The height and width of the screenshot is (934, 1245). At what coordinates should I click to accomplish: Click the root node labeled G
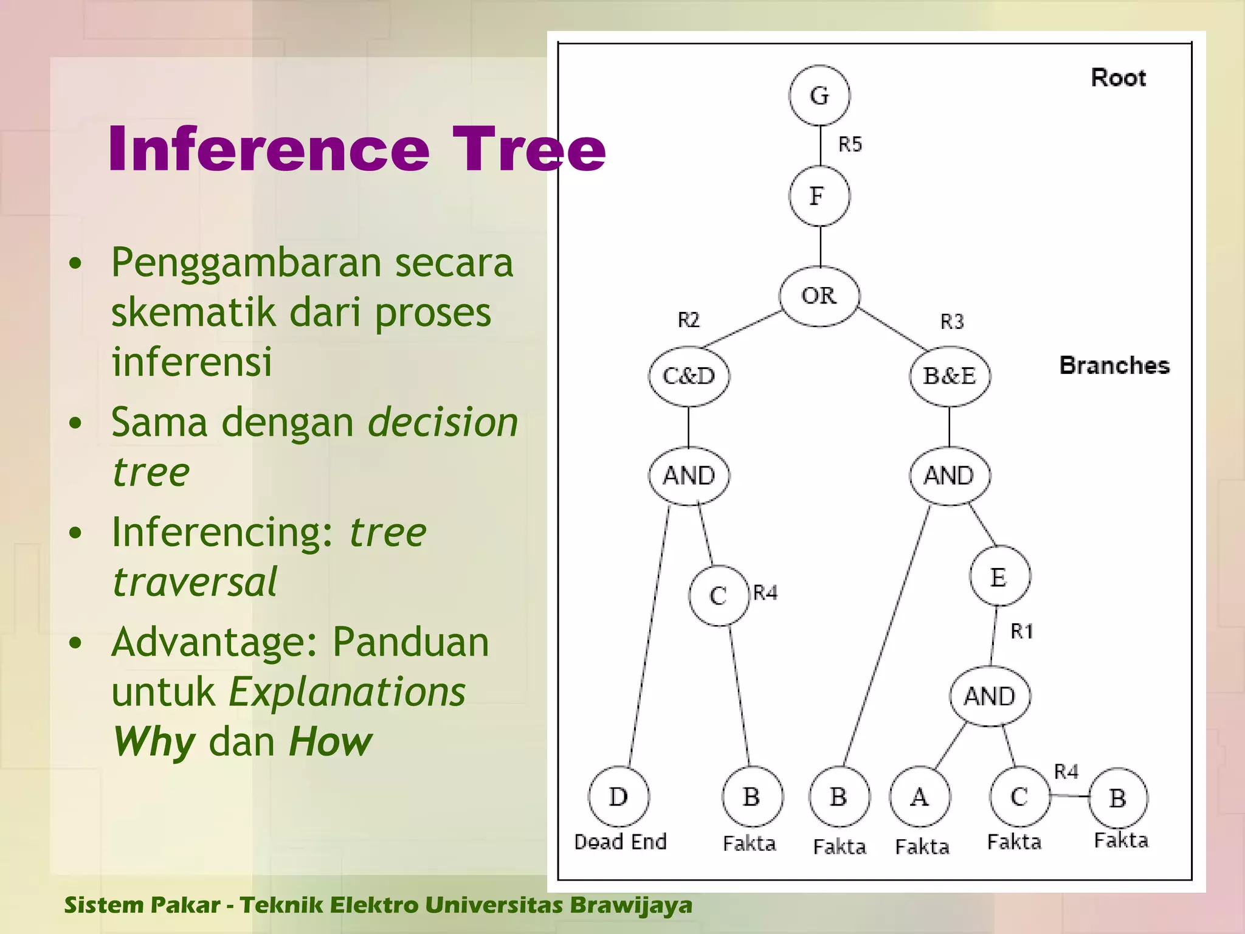coord(819,95)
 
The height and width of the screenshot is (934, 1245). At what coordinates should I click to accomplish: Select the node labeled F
coord(819,196)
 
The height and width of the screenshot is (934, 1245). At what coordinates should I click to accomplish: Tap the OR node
coord(819,296)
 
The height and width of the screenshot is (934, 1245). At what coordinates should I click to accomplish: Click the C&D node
coord(689,376)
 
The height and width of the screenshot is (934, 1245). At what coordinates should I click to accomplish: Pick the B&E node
coord(950,376)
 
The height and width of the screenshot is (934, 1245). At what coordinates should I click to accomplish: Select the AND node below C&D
coord(689,476)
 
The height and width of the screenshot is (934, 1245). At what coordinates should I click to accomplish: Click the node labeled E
coord(999,576)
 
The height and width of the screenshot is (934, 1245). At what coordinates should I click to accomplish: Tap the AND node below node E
coord(990,696)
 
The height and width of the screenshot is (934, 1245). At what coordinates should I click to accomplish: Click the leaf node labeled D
coord(618,797)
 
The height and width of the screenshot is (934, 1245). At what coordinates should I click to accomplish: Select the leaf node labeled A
coord(919,797)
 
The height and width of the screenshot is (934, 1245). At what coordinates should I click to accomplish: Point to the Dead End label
coord(620,842)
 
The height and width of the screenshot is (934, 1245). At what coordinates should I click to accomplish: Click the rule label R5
coord(850,145)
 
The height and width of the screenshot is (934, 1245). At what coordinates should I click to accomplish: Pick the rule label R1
coord(1021,632)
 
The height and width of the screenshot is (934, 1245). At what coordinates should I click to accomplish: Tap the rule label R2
coord(688,320)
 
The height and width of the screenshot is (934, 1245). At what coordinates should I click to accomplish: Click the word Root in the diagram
coord(1118,78)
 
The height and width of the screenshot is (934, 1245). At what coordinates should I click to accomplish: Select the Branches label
coord(1114,365)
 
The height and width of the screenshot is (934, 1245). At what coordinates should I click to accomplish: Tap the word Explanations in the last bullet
coord(347,693)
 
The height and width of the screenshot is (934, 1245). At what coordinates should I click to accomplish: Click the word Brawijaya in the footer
coord(630,905)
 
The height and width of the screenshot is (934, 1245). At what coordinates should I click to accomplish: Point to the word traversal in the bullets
coord(195,582)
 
